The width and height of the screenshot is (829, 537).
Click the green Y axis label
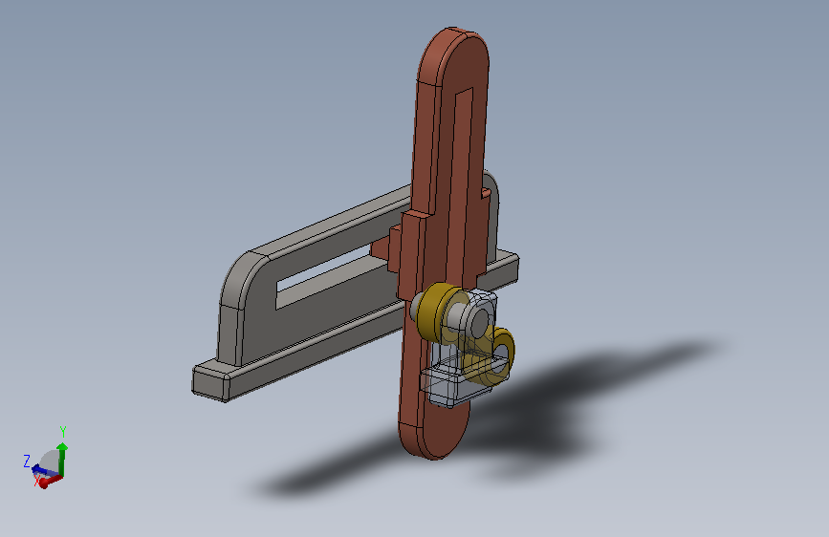click(x=63, y=431)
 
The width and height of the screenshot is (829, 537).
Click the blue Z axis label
click(x=27, y=461)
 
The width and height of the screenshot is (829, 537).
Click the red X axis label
click(x=37, y=480)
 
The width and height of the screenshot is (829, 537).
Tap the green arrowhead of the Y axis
click(x=62, y=447)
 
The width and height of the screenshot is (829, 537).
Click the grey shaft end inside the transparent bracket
click(x=479, y=321)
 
